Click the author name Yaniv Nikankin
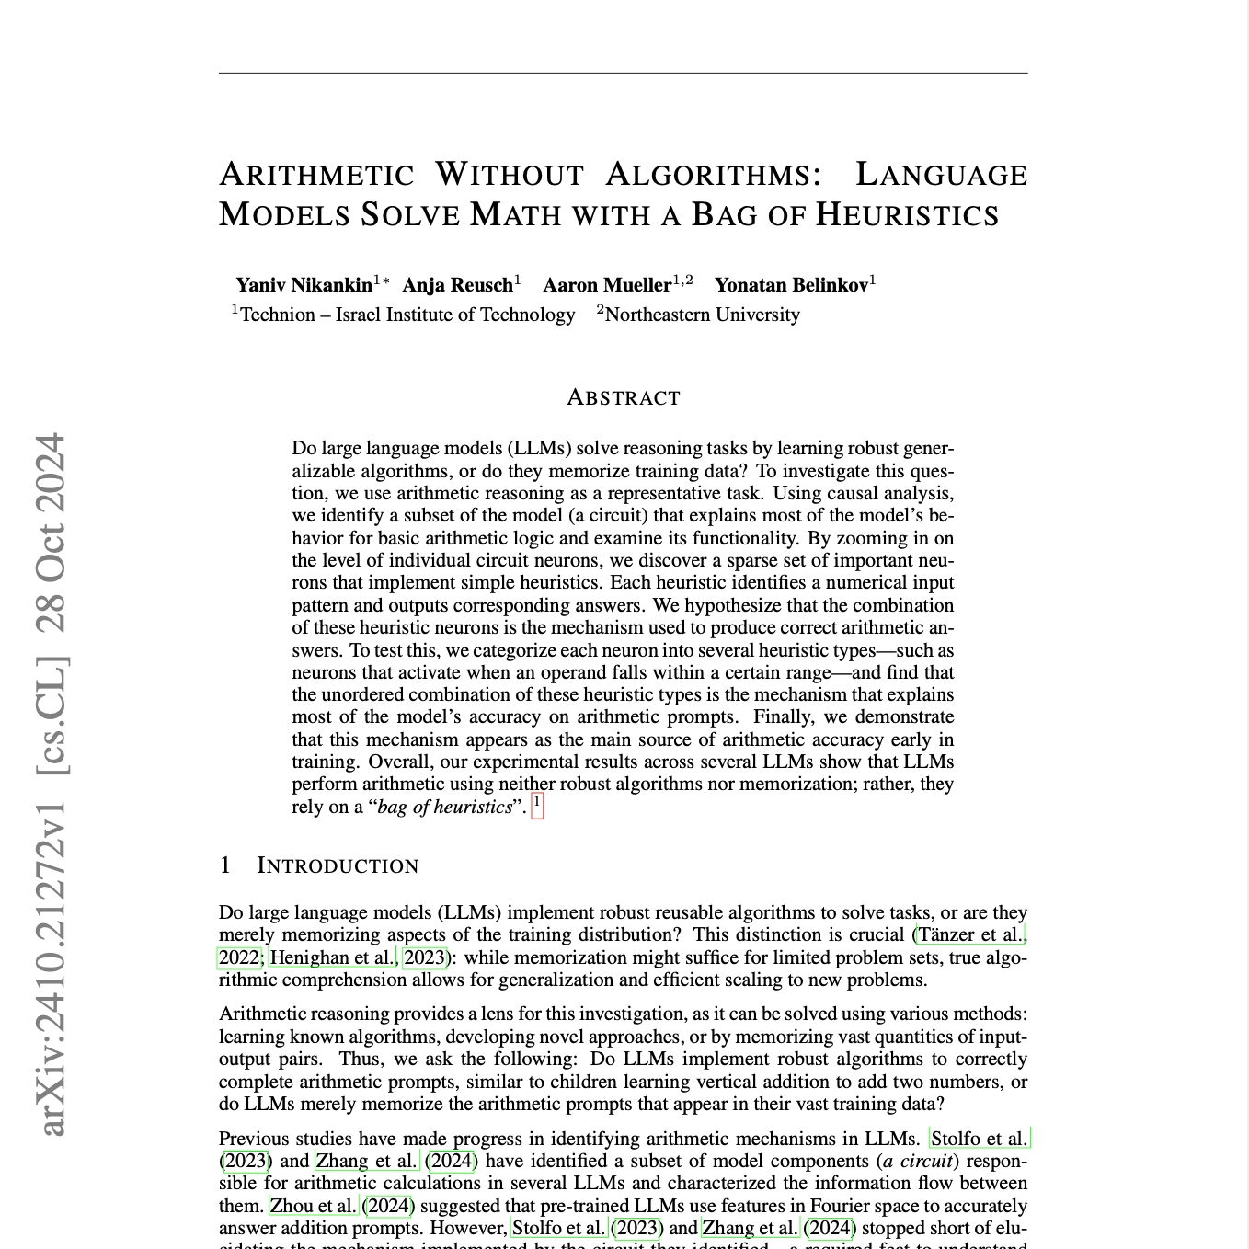(304, 285)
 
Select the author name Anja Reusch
(457, 285)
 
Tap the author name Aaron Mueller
(607, 285)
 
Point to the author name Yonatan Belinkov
(791, 285)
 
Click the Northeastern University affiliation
(702, 315)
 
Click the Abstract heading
(624, 397)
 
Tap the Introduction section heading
(337, 865)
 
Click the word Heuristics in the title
(907, 214)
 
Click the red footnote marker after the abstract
(538, 807)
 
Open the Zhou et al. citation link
(313, 1205)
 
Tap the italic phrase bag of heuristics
(444, 808)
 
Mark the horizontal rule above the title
(624, 73)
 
